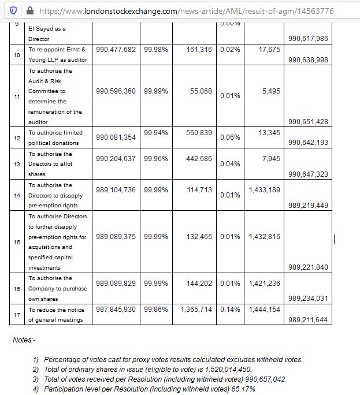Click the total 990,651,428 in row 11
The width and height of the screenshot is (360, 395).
point(308,121)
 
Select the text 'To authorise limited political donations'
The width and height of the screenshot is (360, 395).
point(55,137)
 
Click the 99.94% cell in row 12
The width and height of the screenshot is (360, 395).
point(156,132)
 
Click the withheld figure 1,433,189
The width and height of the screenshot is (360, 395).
point(264,189)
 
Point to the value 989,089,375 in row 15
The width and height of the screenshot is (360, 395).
point(116,236)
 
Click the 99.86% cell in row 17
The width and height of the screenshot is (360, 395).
point(156,310)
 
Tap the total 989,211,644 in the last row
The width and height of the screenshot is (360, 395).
point(308,319)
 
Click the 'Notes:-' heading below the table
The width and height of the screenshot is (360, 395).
point(24,340)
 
